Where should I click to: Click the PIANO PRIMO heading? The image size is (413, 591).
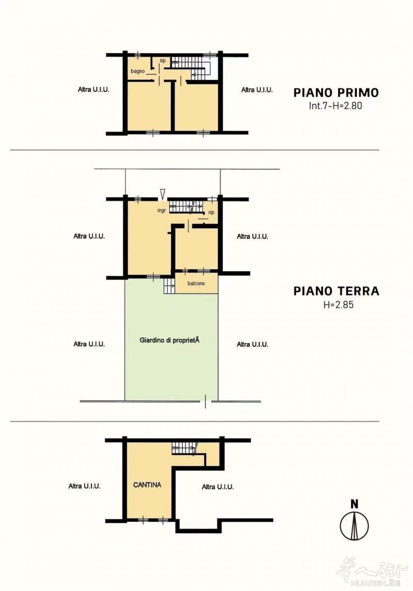tap(336, 92)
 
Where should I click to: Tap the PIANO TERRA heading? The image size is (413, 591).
tap(336, 291)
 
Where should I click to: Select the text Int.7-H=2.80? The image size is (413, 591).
tap(336, 106)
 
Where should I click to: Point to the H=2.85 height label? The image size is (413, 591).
tap(339, 305)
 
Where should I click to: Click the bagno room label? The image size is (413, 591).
tap(138, 71)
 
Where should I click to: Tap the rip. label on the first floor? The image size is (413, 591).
tap(163, 60)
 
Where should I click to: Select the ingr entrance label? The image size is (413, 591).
tap(162, 211)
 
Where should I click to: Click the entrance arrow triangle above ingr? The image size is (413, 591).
tap(162, 193)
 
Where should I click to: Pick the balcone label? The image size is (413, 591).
tap(196, 284)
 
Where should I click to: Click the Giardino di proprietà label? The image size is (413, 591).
tap(169, 340)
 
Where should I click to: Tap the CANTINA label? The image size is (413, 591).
tap(147, 485)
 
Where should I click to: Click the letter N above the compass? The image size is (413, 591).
tap(354, 504)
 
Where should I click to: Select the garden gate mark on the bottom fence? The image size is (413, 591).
tap(205, 401)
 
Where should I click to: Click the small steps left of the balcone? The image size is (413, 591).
tap(169, 286)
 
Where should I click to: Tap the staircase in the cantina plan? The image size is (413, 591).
tap(184, 448)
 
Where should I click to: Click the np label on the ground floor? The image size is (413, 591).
tap(211, 212)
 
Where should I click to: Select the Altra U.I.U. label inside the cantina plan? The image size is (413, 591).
tap(218, 487)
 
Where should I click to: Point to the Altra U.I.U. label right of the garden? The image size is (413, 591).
tap(252, 345)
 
